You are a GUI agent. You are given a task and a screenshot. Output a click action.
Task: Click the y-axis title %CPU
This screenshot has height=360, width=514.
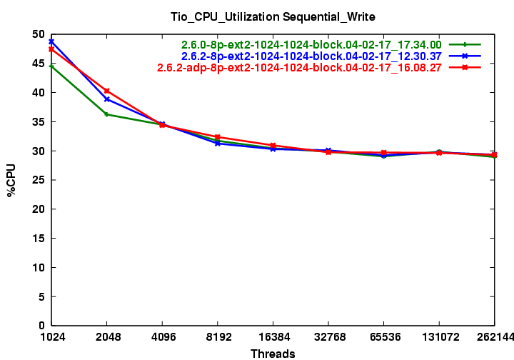(11, 180)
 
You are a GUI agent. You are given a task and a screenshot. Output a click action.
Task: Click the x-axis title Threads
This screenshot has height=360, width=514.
(273, 353)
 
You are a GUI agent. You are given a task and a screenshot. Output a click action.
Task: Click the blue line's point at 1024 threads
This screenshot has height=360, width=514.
(51, 42)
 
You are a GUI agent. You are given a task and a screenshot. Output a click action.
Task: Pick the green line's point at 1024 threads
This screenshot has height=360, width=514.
(51, 66)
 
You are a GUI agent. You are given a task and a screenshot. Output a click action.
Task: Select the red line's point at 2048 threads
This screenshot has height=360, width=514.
(107, 91)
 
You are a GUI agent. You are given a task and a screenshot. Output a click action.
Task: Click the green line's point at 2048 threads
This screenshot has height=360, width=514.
(107, 114)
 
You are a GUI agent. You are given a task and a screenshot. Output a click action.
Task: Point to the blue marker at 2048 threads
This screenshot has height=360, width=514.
(107, 99)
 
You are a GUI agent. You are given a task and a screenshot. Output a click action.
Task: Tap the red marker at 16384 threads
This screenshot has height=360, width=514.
(273, 146)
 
